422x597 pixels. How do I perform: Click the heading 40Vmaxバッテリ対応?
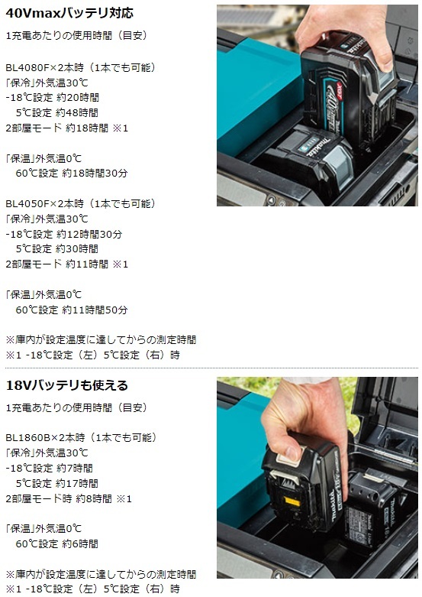click(69, 13)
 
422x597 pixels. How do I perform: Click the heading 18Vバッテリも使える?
click(66, 384)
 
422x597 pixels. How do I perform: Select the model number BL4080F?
click(27, 67)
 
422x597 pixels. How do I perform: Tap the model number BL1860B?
click(27, 437)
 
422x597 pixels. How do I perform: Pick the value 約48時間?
click(79, 113)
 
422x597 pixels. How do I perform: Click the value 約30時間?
click(79, 248)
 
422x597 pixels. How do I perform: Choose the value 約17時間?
click(79, 483)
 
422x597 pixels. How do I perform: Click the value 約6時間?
click(79, 543)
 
